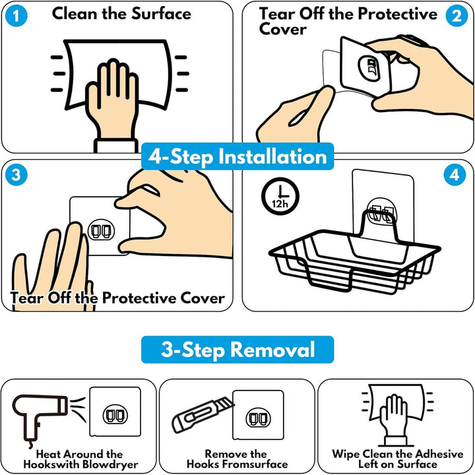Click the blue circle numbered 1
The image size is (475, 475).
(16, 16)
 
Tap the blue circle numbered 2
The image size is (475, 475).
(457, 16)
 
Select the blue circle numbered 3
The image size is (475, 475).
(16, 175)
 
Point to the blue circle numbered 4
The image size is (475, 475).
(455, 175)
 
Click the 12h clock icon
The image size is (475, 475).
(280, 196)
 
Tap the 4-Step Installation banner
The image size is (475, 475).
(237, 156)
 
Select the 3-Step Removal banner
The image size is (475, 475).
(237, 349)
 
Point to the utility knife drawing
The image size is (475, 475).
(203, 414)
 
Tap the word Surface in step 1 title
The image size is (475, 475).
(161, 14)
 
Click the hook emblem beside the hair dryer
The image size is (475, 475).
(115, 415)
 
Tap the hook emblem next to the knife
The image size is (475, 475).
(258, 418)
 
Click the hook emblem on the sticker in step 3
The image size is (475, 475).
(101, 230)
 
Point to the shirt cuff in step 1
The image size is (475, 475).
(116, 145)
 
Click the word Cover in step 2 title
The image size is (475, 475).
(282, 30)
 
